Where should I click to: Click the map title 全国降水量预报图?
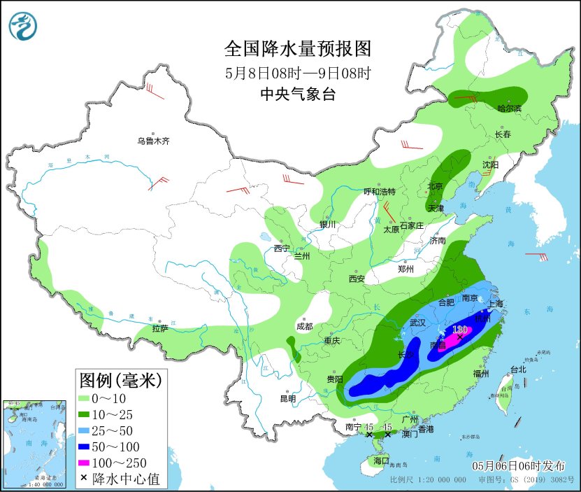(297, 49)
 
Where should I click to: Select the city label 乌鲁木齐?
(153, 141)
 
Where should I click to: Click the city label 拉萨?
(161, 328)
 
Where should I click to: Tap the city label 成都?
(304, 326)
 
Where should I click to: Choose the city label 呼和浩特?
(380, 192)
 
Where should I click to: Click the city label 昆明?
(287, 399)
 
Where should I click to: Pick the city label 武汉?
(417, 323)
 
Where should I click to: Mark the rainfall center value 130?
(459, 330)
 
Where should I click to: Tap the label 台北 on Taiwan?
(517, 370)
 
